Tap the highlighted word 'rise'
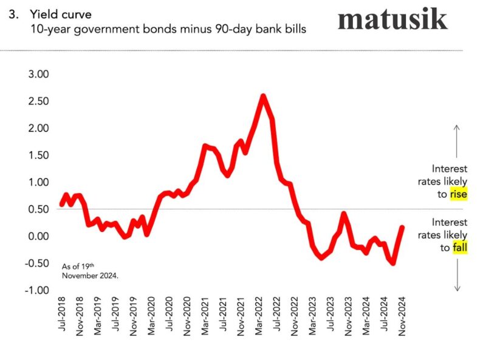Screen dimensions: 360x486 click(458, 194)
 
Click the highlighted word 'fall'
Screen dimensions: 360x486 click(459, 248)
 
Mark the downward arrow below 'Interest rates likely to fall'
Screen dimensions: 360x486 click(457, 276)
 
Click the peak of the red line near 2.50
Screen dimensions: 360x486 click(262, 95)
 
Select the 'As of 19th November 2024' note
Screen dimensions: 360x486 click(90, 270)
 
